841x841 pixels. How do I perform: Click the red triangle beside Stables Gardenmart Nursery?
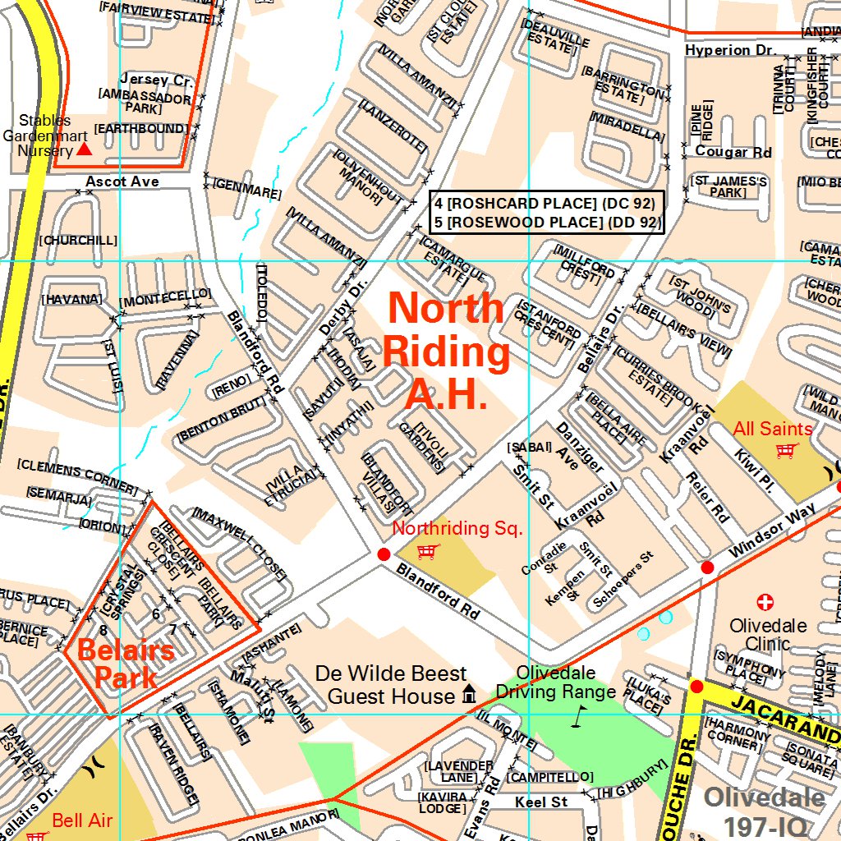tap(85, 149)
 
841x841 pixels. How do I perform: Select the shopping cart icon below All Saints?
tap(787, 450)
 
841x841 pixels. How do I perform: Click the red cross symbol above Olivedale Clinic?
tap(765, 603)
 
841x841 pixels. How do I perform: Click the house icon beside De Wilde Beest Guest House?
tap(469, 695)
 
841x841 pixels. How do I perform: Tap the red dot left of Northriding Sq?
tap(383, 554)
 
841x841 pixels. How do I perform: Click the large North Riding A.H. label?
tap(446, 352)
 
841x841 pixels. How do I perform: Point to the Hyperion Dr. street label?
tap(730, 50)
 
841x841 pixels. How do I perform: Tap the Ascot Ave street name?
tap(122, 181)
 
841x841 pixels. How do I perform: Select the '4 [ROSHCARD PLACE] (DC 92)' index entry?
tap(545, 203)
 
